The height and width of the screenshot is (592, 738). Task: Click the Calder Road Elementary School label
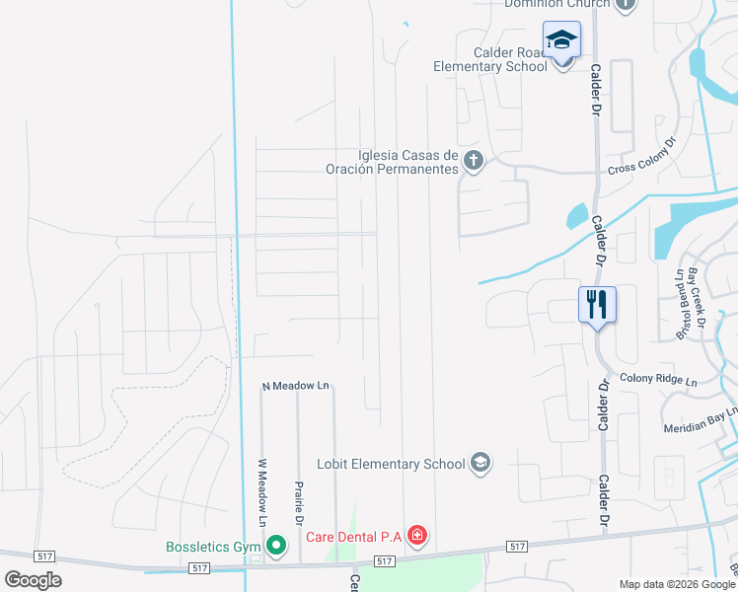pos(490,59)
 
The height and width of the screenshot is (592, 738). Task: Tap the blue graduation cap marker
pos(561,40)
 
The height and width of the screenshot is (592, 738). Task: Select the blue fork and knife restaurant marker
pos(597,304)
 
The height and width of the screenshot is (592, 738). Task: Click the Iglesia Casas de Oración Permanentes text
pos(393,162)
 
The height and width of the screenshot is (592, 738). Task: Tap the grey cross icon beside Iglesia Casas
pos(474,161)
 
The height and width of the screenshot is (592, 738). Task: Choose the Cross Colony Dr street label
pos(642,157)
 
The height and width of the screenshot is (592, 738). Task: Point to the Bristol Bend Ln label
pos(680,305)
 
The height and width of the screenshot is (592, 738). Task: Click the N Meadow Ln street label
pos(295,386)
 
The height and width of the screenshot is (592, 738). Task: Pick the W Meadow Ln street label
pos(262,490)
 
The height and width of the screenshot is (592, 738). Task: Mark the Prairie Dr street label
pos(298,502)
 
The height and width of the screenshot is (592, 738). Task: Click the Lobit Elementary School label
pos(391,464)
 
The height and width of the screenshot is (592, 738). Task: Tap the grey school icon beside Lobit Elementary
pos(480,463)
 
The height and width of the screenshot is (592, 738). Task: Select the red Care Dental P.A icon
pos(417,537)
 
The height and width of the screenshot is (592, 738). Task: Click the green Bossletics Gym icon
pos(277,545)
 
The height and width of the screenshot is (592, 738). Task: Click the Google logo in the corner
pos(33,579)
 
